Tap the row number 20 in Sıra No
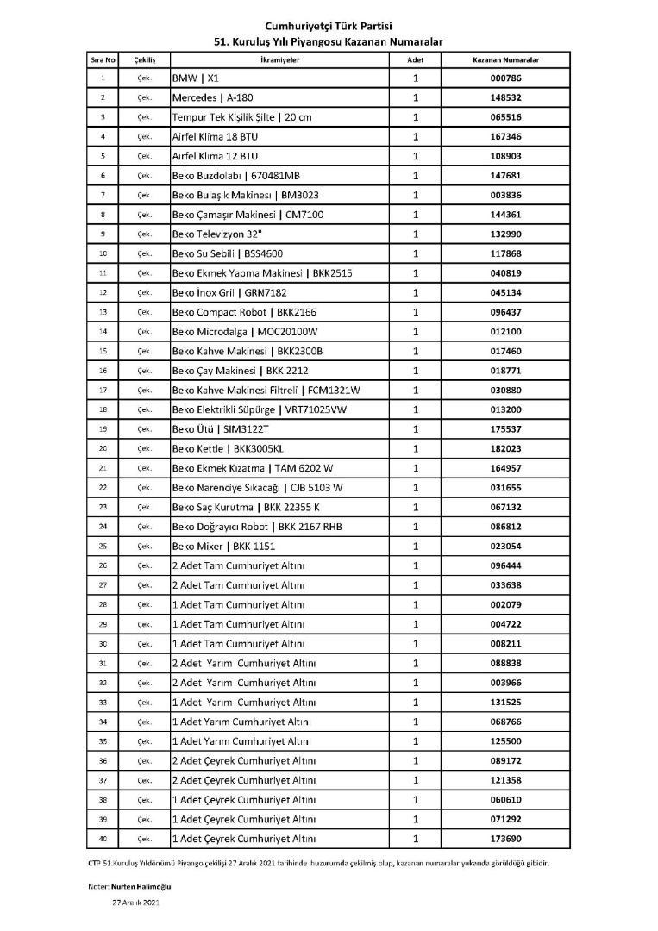click(102, 448)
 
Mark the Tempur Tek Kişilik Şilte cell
click(241, 117)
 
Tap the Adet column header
click(415, 60)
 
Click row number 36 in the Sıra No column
click(102, 760)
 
